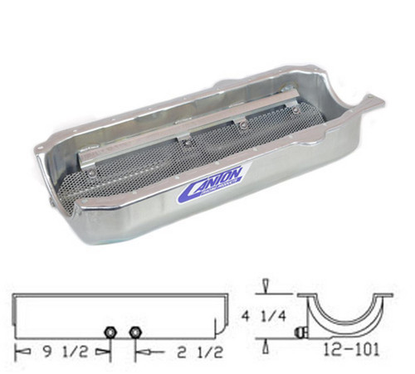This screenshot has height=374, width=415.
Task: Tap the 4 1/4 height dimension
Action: point(264,315)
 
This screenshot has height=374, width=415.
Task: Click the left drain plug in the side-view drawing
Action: point(110,333)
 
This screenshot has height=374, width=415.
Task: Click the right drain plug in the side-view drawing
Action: point(135,333)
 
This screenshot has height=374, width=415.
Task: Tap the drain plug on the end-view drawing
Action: point(301,333)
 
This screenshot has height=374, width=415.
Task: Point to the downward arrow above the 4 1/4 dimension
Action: point(264,286)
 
